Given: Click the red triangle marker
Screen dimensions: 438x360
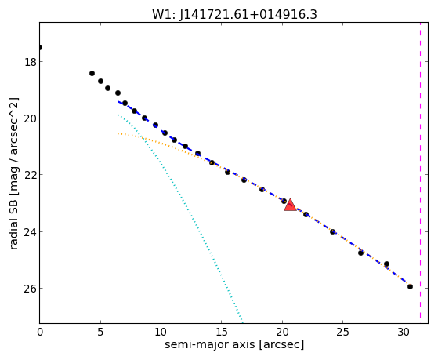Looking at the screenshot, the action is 290,205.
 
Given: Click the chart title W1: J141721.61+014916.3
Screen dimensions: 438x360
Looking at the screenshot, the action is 234,15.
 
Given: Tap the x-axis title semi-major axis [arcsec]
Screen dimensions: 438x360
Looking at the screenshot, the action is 234,344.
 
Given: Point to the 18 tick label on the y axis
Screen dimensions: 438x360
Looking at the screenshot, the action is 31,62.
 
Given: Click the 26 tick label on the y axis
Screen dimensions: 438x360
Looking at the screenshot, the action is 31,289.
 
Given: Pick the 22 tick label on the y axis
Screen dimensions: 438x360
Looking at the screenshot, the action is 31,175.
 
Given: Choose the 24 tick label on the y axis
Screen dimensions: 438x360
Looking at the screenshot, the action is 31,232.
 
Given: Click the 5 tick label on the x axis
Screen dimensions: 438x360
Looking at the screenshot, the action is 100,332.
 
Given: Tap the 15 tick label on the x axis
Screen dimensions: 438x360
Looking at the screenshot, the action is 222,332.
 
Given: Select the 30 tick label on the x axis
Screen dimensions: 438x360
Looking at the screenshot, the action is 404,332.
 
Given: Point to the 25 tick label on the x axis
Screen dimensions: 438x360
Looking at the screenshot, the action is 342,332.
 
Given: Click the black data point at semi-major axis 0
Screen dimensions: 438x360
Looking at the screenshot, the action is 40,47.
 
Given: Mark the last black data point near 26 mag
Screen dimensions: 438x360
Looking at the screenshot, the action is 410,286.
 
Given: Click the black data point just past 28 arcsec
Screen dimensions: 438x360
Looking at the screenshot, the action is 386,264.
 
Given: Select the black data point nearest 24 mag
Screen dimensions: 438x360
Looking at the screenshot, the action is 332,231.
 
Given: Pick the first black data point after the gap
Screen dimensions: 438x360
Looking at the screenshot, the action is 92,73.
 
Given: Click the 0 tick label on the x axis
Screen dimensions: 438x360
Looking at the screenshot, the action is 40,332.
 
